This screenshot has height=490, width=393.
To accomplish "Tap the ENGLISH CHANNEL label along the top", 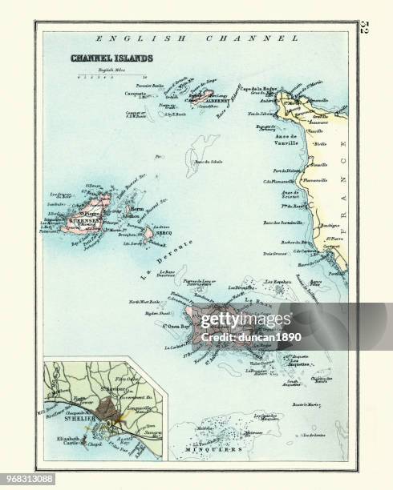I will pos(190,38).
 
